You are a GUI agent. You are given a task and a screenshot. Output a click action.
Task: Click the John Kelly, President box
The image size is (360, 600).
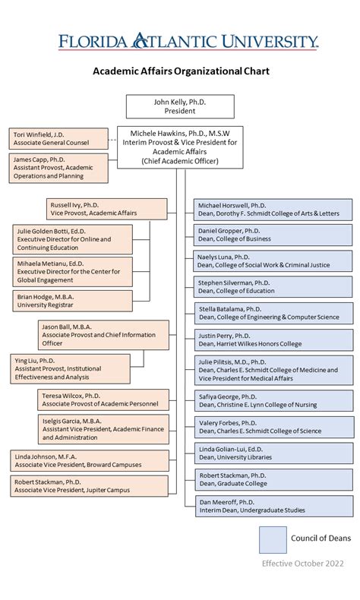click(180, 106)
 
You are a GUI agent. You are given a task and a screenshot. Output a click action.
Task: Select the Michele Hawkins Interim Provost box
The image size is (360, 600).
click(180, 147)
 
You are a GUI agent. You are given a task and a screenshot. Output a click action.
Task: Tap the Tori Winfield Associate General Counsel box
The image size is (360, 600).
click(58, 138)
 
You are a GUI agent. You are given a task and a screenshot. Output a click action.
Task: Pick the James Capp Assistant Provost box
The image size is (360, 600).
click(58, 168)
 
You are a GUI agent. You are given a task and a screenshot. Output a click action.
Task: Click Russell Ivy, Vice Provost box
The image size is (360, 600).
click(107, 210)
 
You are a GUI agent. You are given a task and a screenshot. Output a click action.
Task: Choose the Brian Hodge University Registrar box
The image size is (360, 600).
click(72, 301)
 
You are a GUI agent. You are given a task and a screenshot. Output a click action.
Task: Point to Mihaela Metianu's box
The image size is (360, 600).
click(72, 271)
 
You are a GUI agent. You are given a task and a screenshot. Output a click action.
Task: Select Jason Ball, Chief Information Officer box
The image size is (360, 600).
click(103, 335)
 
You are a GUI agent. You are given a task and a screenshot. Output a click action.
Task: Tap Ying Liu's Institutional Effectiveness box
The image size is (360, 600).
click(70, 368)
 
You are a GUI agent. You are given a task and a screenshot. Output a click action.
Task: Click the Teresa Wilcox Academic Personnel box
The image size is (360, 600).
click(103, 399)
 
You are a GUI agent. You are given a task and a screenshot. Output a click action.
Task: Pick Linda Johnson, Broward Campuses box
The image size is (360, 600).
click(90, 460)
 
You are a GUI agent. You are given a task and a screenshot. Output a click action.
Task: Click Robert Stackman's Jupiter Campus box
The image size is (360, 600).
click(90, 486)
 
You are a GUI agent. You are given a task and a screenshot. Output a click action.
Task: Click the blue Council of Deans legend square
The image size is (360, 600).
click(273, 539)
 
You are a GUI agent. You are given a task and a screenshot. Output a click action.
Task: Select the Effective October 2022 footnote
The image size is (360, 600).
click(302, 564)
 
